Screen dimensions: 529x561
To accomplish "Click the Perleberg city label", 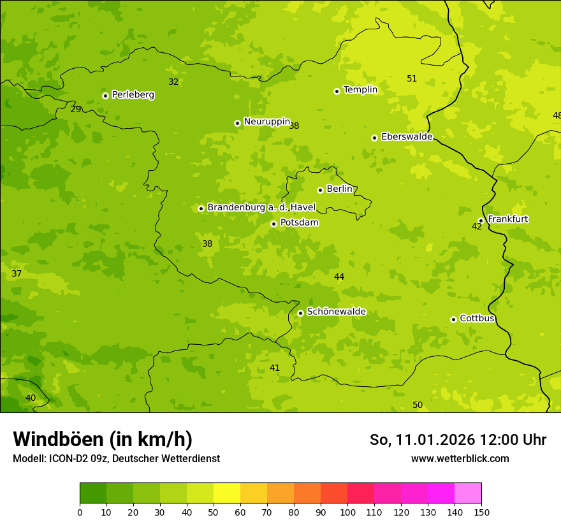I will [x=133, y=95].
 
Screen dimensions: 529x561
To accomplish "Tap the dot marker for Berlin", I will [x=320, y=190].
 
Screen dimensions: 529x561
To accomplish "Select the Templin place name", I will [x=360, y=90].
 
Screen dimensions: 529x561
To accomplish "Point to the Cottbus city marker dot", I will [x=453, y=319].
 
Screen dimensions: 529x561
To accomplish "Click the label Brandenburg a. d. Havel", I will [x=261, y=207].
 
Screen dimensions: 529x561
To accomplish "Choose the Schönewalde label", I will [x=336, y=312].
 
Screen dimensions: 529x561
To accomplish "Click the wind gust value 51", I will [x=412, y=79].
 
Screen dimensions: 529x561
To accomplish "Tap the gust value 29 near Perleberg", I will [x=76, y=110].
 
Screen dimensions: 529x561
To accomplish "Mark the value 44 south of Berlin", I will [x=339, y=277].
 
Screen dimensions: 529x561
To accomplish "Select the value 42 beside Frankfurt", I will [x=477, y=227].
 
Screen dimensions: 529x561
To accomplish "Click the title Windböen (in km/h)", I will [x=103, y=439].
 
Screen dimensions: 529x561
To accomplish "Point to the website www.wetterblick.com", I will [x=460, y=458].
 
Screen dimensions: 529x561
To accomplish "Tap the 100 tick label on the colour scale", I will [x=347, y=512].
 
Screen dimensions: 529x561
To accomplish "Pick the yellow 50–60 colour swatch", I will [x=227, y=493].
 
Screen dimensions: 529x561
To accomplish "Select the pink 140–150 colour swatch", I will [x=468, y=493].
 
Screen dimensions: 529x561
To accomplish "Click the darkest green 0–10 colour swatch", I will [x=93, y=493].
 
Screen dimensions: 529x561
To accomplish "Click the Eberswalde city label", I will [x=406, y=137].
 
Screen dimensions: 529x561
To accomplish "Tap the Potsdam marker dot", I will [x=273, y=224].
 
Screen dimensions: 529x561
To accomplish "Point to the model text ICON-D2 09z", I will [x=78, y=458].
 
